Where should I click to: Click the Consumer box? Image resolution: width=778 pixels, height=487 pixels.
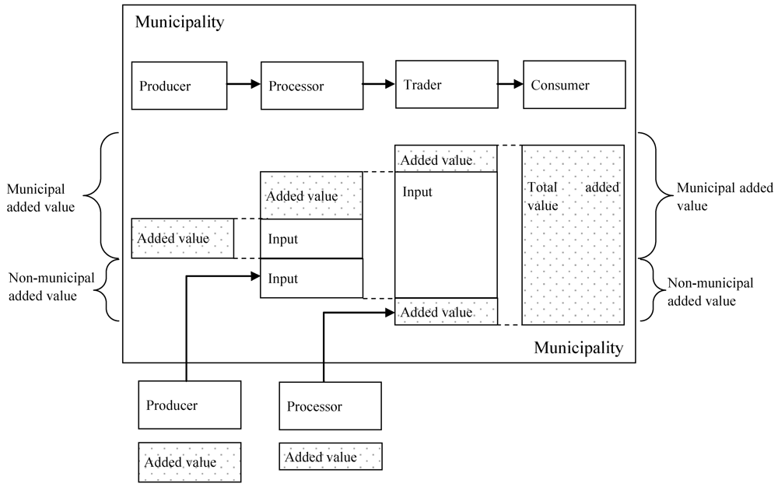(573, 85)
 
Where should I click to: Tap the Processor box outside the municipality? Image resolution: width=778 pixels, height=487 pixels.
(330, 406)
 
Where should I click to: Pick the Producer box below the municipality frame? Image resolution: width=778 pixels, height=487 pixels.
(189, 405)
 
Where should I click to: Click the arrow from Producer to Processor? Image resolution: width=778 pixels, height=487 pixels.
(242, 85)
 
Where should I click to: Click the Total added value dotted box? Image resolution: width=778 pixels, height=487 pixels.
(573, 233)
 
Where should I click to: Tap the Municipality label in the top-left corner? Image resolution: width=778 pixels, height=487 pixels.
(180, 22)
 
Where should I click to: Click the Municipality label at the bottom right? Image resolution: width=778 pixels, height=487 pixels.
(578, 348)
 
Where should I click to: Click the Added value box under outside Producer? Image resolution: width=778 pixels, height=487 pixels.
(189, 462)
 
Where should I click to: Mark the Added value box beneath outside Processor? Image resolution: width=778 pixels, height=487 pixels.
(330, 457)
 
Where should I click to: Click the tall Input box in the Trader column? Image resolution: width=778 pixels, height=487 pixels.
(446, 233)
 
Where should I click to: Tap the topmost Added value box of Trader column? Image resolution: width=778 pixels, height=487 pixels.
(446, 159)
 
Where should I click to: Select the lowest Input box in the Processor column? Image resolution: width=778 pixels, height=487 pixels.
(311, 279)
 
